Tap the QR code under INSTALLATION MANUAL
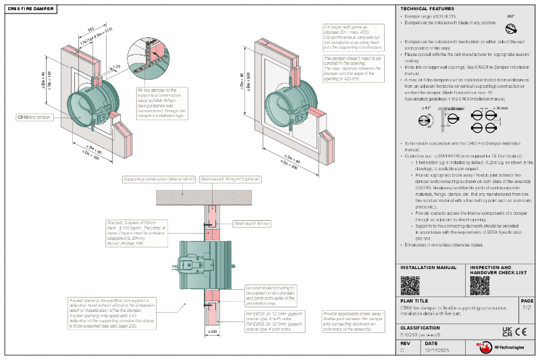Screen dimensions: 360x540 pyautogui.click(x=410, y=285)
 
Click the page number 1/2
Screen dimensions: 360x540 pyautogui.click(x=526, y=307)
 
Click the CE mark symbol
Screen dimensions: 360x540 pyautogui.click(x=521, y=332)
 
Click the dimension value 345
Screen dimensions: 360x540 pyautogui.click(x=90, y=29)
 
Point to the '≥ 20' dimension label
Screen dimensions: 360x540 pyautogui.click(x=117, y=66)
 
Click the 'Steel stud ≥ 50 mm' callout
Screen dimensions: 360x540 pyautogui.click(x=251, y=222)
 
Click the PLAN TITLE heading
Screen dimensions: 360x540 pyautogui.click(x=414, y=301)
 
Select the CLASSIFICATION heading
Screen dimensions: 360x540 pyautogui.click(x=421, y=327)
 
